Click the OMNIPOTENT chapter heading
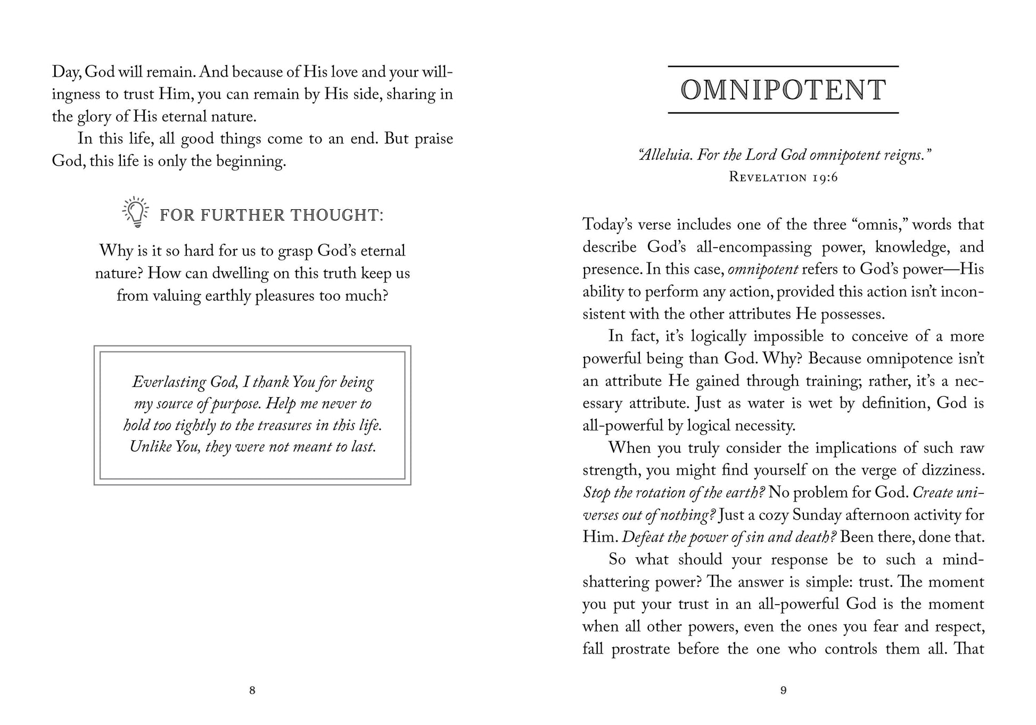[783, 89]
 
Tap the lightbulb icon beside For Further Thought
[136, 212]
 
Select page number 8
[252, 690]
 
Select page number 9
[783, 690]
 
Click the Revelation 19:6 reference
[783, 177]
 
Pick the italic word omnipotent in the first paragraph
[763, 269]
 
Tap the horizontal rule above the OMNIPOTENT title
[783, 67]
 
